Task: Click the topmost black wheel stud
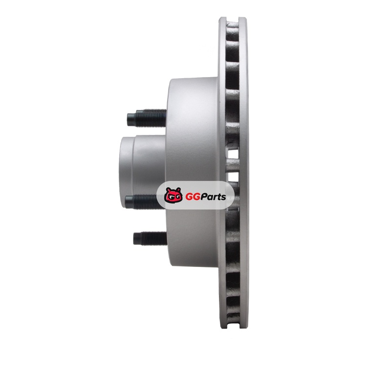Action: click(x=147, y=118)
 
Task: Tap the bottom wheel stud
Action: click(x=150, y=238)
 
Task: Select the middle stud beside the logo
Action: click(x=141, y=202)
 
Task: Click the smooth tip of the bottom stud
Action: click(x=137, y=239)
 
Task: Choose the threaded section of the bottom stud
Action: click(x=154, y=238)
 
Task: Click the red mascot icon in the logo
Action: click(x=174, y=195)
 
